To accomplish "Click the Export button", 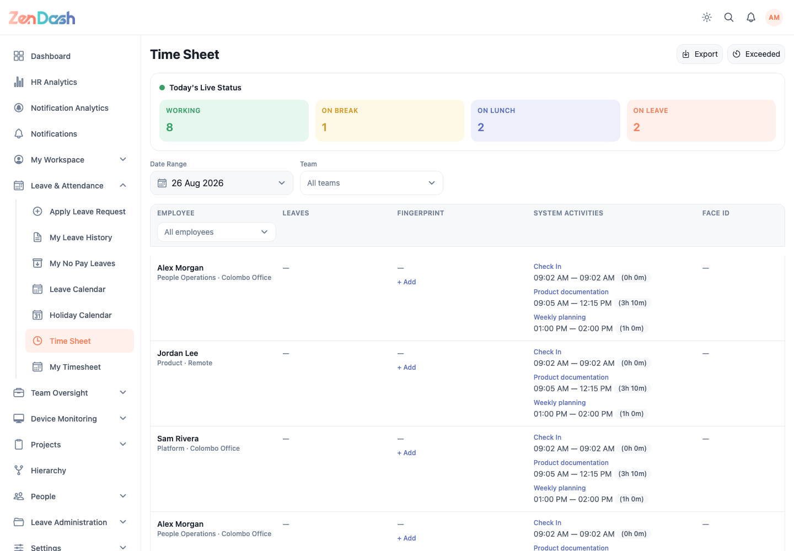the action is point(699,54).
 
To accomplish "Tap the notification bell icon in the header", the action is point(751,17).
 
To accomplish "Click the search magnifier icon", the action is point(729,17).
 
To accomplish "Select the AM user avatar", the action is point(774,17).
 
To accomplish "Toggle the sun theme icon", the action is point(707,17).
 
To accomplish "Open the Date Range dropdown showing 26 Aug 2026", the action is point(222,183).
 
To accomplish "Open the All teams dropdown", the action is point(372,183).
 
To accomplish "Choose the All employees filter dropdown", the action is point(217,232).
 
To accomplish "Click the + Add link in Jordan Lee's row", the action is point(406,367).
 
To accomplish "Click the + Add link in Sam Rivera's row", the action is point(406,452).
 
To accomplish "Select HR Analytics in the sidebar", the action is point(54,82).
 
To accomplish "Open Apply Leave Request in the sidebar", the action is point(88,212).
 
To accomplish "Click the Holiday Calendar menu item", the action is point(81,315).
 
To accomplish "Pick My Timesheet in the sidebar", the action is point(75,367).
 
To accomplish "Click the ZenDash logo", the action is point(42,18).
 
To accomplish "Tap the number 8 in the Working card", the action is point(169,127).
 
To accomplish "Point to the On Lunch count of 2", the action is point(481,127).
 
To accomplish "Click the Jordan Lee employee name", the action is point(178,353).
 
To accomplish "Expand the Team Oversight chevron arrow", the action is point(123,392).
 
